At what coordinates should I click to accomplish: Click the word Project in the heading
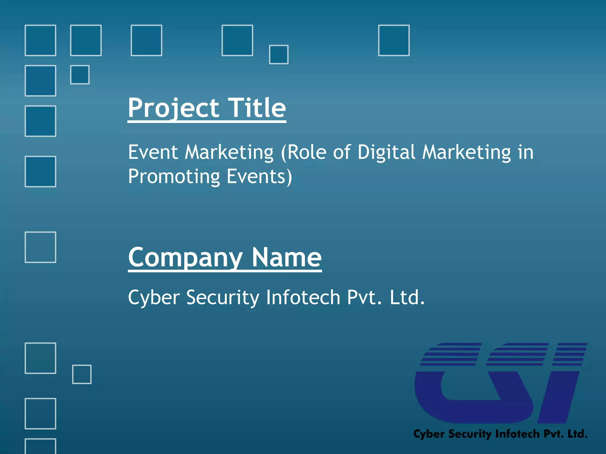[173, 108]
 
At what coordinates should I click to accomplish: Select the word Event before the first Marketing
[153, 153]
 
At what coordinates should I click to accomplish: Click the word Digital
[386, 153]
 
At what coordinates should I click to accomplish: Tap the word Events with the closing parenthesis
[259, 177]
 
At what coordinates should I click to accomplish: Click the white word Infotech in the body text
[303, 297]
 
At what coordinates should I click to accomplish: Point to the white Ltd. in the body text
[407, 297]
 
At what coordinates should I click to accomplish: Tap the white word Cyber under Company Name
[154, 298]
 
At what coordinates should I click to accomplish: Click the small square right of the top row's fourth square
[279, 54]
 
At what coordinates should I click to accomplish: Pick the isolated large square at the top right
[394, 40]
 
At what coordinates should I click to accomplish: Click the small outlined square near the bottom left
[82, 374]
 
